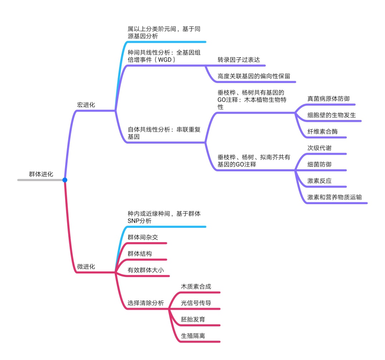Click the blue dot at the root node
pos(65,180)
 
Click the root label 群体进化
pos(41,174)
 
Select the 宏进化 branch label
pos(86,105)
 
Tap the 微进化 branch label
pos(86,267)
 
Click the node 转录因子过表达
pos(239,60)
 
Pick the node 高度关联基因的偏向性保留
pos(254,76)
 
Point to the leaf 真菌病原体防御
pos(328,99)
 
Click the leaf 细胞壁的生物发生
pos(331,115)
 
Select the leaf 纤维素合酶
pos(322,131)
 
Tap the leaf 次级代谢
pos(320,148)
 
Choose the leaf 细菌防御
pos(320,164)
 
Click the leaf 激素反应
pos(320,181)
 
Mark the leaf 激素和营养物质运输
pos(335,197)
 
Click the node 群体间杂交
pos(143,237)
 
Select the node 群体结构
pos(140,254)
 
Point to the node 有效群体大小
pos(146,270)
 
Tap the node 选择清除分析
pos(146,303)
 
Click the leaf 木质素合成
pos(196,287)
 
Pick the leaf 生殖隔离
pos(193,336)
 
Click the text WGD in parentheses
pos(165,60)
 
